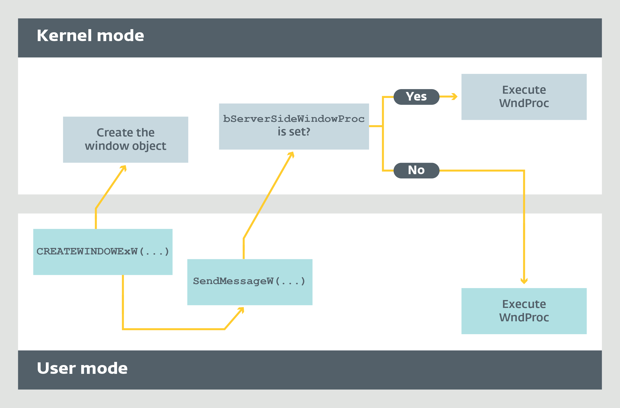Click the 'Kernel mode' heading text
[90, 35]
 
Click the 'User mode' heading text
[82, 368]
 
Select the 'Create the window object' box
[126, 140]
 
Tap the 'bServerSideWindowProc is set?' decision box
[294, 127]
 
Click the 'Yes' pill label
[416, 97]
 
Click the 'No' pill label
[416, 171]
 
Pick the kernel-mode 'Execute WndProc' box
[524, 97]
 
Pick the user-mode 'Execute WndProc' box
[524, 311]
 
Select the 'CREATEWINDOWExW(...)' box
[103, 252]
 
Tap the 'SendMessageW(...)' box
[250, 282]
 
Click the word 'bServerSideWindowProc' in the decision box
[294, 119]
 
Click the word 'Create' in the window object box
[111, 133]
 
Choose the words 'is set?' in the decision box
[294, 132]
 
